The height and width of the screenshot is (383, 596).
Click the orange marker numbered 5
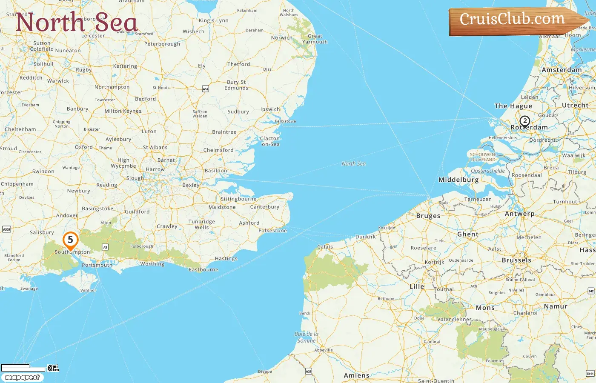pyautogui.click(x=70, y=240)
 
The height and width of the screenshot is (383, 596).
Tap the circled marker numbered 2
pyautogui.click(x=525, y=121)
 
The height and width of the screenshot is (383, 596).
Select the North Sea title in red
pyautogui.click(x=77, y=22)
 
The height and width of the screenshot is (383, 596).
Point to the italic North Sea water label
pyautogui.click(x=353, y=163)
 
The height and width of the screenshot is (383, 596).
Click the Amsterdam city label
pyautogui.click(x=562, y=70)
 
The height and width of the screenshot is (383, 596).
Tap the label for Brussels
pyautogui.click(x=516, y=260)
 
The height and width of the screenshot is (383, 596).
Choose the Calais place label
pyautogui.click(x=325, y=247)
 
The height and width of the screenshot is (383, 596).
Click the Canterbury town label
pyautogui.click(x=265, y=207)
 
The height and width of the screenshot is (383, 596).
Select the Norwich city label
pyautogui.click(x=282, y=37)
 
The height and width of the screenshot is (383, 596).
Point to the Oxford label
pyautogui.click(x=84, y=147)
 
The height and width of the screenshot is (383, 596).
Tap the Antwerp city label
pyautogui.click(x=519, y=214)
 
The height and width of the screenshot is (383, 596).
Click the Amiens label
pyautogui.click(x=356, y=375)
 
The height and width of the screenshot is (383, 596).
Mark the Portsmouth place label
pyautogui.click(x=97, y=265)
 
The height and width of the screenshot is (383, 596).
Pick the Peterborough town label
pyautogui.click(x=162, y=44)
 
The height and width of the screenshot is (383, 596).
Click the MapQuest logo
pyautogui.click(x=22, y=377)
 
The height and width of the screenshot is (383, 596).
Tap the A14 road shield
pyautogui.click(x=205, y=89)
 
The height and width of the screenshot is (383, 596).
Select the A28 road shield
pyautogui.click(x=309, y=372)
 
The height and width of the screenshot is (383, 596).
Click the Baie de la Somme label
pyautogui.click(x=307, y=337)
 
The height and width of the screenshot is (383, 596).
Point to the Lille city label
pyautogui.click(x=417, y=286)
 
